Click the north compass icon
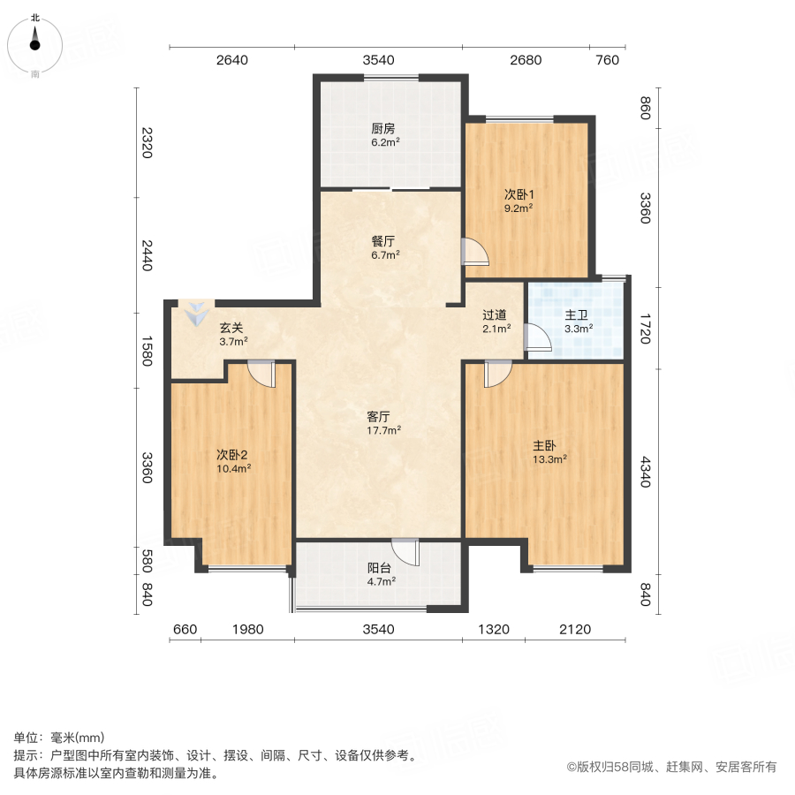(34, 40)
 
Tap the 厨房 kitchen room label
(383, 127)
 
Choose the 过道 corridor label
(495, 314)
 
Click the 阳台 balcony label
(381, 568)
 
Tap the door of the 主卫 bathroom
(535, 337)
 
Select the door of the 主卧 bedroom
(496, 374)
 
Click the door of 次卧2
(262, 374)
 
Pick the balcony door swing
(406, 552)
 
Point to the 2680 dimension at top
(525, 60)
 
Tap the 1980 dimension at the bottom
(248, 629)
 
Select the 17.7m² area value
(384, 430)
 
